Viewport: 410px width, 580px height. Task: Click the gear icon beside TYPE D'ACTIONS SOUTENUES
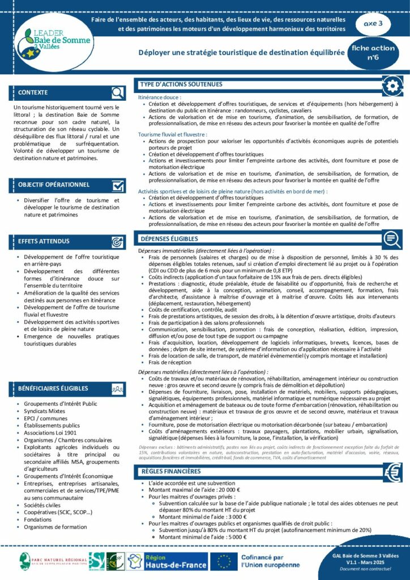coord(392,86)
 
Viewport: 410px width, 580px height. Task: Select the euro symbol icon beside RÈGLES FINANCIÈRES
coord(392,472)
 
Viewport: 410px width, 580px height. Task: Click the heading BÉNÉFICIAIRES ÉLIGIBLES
coord(53,389)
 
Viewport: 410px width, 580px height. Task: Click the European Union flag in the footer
coord(226,561)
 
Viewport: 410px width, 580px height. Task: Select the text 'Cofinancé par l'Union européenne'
coord(270,561)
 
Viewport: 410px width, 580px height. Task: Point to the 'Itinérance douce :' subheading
coord(159,98)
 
